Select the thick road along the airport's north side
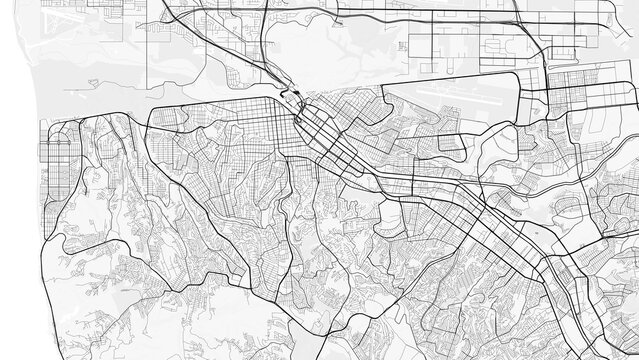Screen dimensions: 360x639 440,74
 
